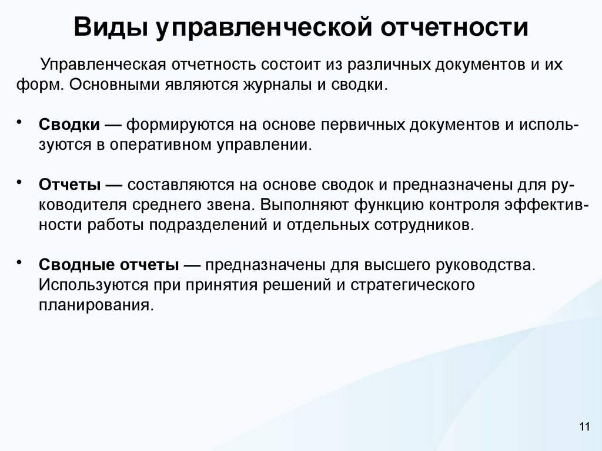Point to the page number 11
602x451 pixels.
coord(584,427)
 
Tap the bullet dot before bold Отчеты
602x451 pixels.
coord(20,180)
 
